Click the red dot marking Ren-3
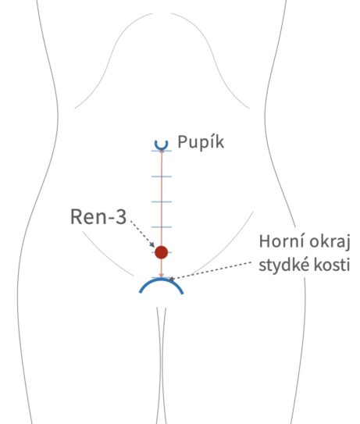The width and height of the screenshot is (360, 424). click(161, 252)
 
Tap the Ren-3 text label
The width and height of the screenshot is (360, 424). click(98, 217)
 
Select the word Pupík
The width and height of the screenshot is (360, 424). click(201, 142)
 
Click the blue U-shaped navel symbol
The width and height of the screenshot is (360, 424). click(162, 145)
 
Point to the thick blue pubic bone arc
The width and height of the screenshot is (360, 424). click(161, 280)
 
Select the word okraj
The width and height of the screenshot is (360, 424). click(330, 242)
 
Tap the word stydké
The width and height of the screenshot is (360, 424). click(283, 265)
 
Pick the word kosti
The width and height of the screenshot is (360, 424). click(331, 265)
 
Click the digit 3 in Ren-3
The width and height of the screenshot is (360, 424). click(120, 217)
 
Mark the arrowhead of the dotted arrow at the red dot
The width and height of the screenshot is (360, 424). click(152, 244)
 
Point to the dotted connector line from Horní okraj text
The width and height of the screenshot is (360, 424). click(212, 270)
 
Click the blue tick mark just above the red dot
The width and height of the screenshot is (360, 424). click(162, 227)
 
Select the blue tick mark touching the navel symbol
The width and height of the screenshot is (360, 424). click(162, 151)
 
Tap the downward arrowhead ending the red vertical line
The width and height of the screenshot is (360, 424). click(161, 275)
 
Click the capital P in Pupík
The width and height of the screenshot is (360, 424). click(182, 141)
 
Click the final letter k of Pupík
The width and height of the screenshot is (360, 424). click(219, 141)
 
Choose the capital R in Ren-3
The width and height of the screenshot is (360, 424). click(76, 217)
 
